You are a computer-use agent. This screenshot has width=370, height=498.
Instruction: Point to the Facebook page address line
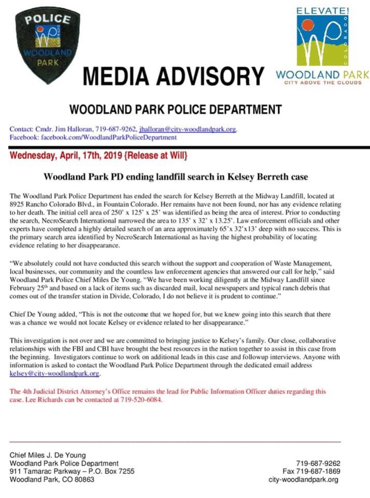[x=93, y=137]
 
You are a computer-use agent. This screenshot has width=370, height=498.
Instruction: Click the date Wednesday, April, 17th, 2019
[x=66, y=156]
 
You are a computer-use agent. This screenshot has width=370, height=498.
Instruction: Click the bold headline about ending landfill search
[x=176, y=177]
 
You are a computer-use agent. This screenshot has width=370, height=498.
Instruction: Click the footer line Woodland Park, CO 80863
[x=52, y=480]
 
